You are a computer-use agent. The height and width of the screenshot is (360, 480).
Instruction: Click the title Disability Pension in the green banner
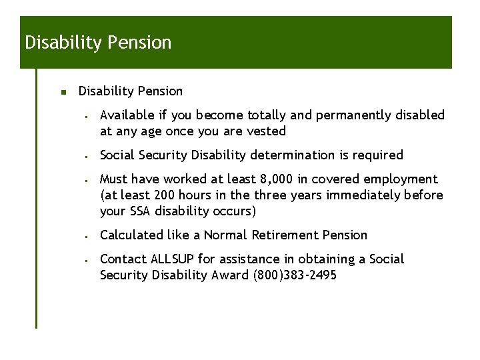click(98, 43)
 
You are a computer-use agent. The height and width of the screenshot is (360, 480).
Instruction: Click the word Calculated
click(129, 235)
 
